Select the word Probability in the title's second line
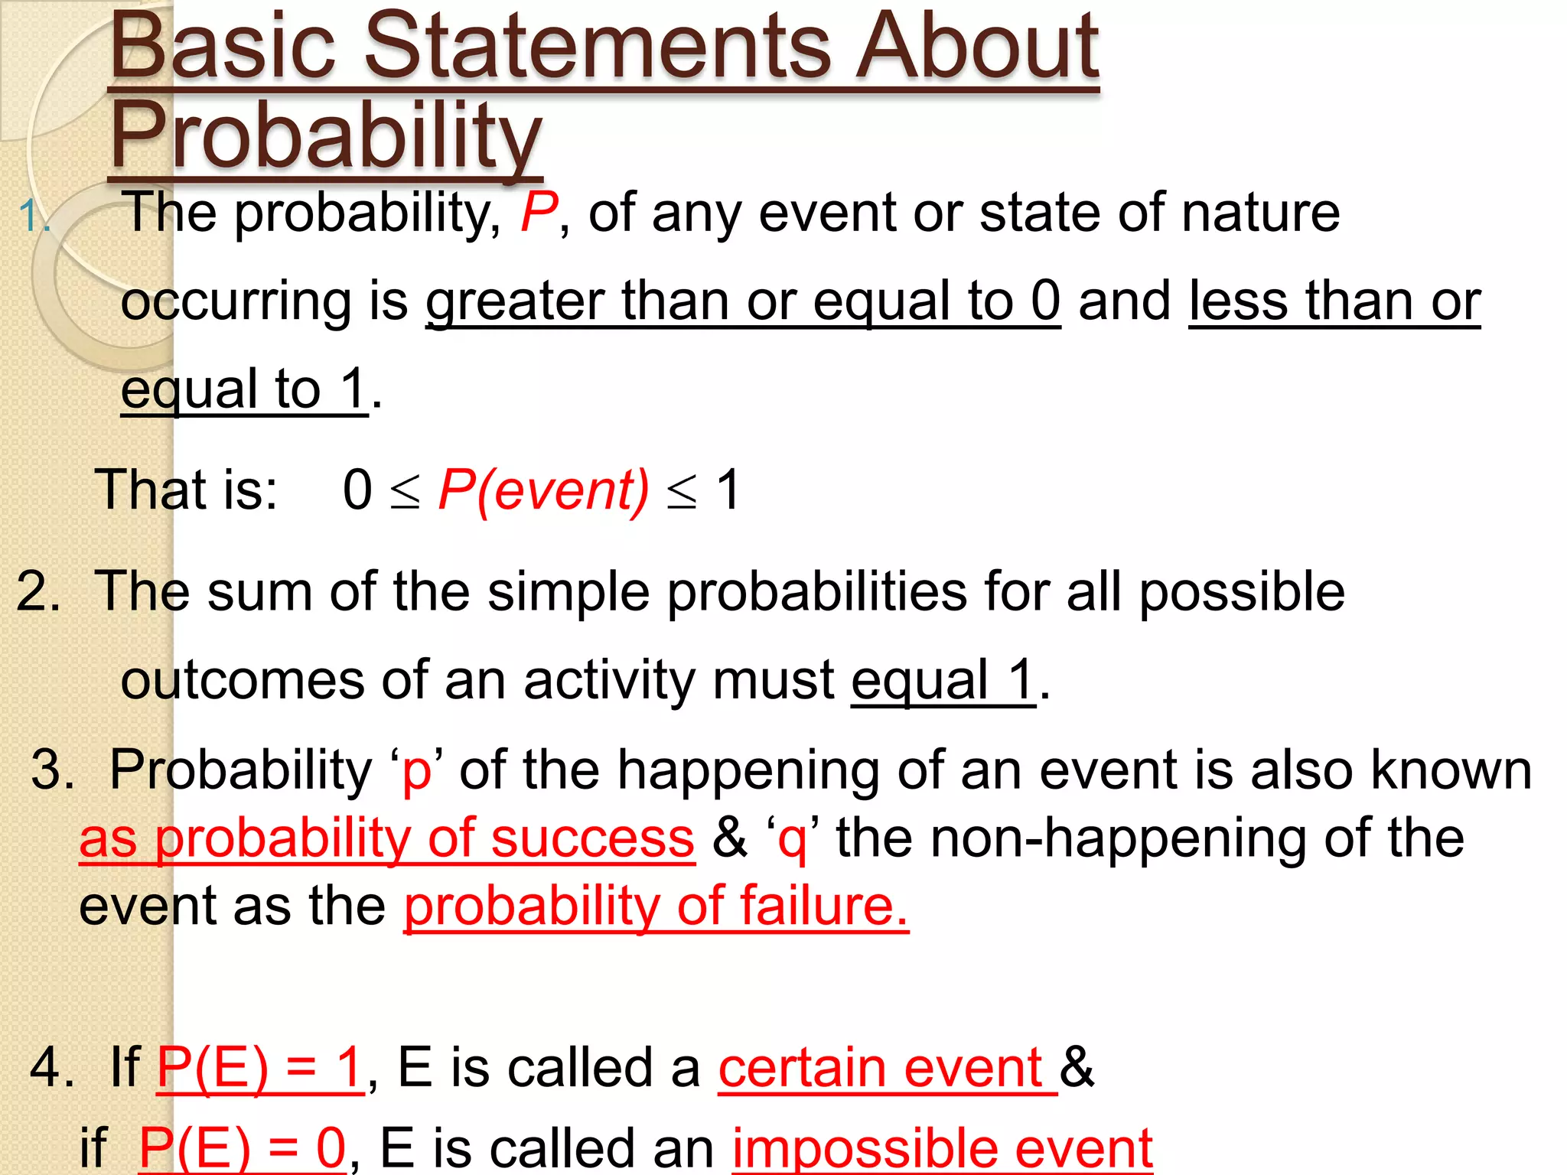326,136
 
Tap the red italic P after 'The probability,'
539,213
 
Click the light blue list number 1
33,217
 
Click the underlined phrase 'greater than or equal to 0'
742,301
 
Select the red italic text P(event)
543,490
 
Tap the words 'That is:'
186,490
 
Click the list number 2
37,591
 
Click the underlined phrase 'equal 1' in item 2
943,680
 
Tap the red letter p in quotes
417,771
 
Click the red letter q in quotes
792,839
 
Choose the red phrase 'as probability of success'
387,838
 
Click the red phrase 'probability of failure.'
656,906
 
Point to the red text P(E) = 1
260,1067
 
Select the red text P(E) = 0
243,1147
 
